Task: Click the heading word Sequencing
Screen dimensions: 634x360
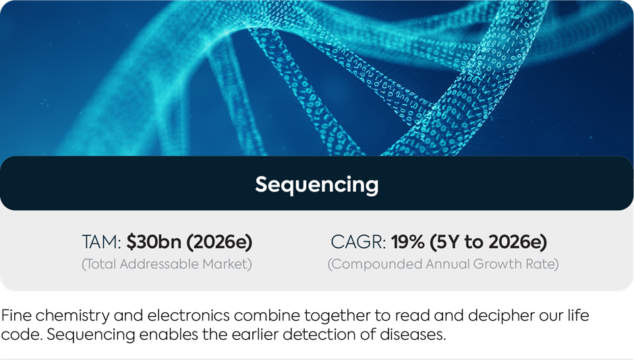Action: (316, 185)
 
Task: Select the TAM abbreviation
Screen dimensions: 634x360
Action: (101, 242)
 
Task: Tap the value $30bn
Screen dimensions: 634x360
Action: (154, 241)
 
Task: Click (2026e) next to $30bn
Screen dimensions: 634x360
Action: (219, 242)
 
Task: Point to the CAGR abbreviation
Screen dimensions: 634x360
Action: (358, 242)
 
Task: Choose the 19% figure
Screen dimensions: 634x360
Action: (407, 242)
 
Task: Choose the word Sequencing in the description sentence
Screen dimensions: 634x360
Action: (90, 335)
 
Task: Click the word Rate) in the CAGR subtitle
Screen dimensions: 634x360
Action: (542, 264)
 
